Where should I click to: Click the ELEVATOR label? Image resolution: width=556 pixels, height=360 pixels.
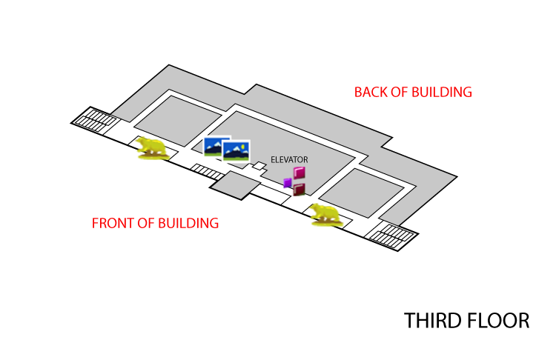[289, 160]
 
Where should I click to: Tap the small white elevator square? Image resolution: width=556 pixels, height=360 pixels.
[259, 166]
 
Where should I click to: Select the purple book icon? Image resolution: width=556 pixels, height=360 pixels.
[287, 183]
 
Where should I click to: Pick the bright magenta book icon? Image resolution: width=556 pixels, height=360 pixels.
[299, 173]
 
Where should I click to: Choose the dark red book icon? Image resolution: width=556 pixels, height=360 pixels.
[299, 190]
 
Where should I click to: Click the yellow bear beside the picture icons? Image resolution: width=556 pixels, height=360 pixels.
[152, 147]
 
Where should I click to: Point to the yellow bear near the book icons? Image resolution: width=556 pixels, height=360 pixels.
[326, 214]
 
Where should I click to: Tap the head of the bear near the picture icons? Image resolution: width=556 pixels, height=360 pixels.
[139, 141]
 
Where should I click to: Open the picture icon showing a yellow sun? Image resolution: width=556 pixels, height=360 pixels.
[236, 152]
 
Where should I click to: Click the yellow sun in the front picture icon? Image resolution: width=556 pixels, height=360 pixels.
[243, 147]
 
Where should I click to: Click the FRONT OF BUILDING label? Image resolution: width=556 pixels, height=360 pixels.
[155, 223]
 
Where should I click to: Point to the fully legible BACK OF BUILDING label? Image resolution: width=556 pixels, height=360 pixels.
[413, 93]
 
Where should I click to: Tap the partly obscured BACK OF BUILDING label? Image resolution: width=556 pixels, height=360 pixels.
[413, 318]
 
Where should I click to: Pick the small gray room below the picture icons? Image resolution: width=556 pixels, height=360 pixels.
[236, 185]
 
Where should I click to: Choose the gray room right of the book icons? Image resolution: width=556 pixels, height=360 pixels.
[361, 193]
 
